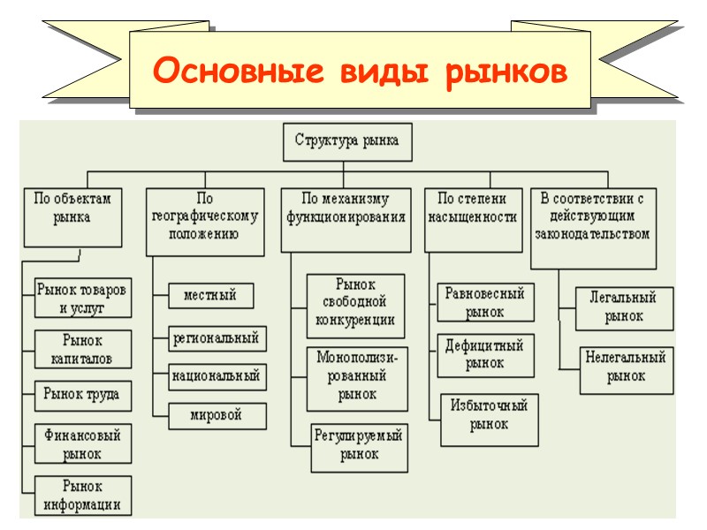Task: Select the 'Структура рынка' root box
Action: (x=346, y=141)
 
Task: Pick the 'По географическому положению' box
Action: (x=205, y=221)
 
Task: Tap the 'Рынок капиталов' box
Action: (x=82, y=350)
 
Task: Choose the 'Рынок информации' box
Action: (x=82, y=496)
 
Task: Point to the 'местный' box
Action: (x=209, y=295)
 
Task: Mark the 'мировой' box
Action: (x=216, y=414)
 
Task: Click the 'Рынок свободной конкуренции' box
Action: (x=355, y=306)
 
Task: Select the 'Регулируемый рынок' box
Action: (x=358, y=445)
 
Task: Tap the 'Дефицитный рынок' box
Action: (x=484, y=353)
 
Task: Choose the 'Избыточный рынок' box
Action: (x=489, y=415)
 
